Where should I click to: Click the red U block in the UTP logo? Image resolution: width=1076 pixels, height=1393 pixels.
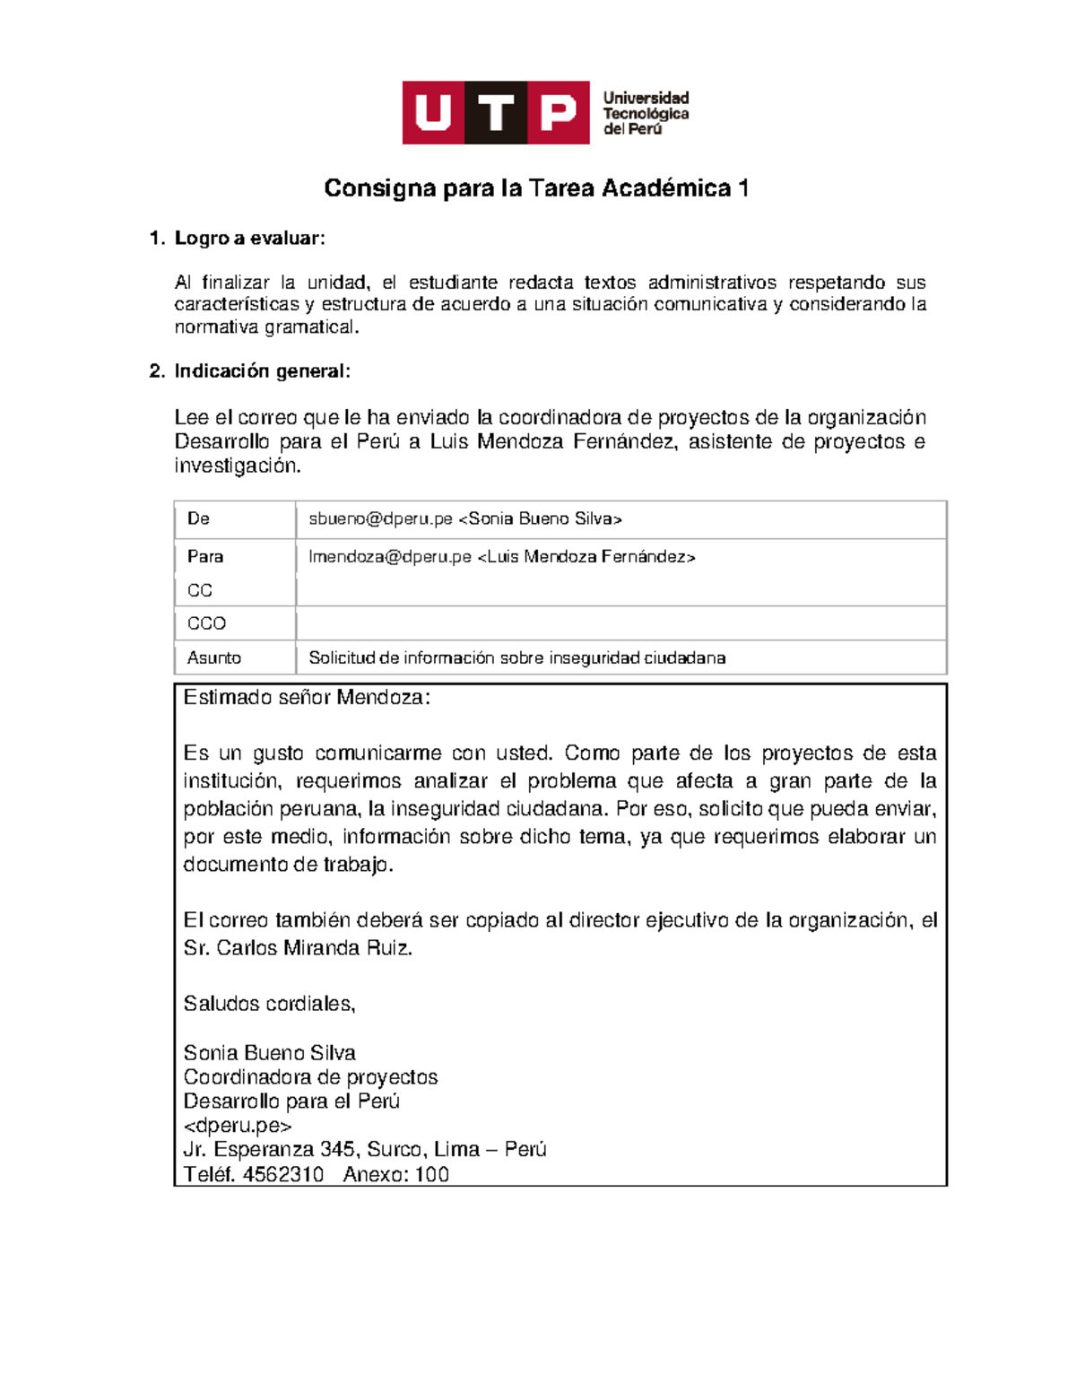click(x=434, y=113)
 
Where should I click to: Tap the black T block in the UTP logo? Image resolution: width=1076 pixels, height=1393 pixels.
click(x=496, y=113)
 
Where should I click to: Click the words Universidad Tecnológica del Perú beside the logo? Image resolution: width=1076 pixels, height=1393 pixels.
click(x=645, y=113)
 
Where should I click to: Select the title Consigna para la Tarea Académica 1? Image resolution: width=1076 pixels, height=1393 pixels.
click(x=536, y=188)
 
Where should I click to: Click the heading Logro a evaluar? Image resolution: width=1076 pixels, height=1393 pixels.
click(x=248, y=239)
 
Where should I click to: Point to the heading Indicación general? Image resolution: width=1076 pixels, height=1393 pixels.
click(x=261, y=371)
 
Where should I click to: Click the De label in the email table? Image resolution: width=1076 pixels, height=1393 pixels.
click(x=198, y=518)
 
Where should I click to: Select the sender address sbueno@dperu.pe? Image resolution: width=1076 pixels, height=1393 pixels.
click(x=380, y=518)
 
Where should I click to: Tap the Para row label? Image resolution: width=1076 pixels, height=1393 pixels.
click(x=205, y=556)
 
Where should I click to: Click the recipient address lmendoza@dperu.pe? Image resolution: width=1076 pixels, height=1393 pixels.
click(x=389, y=557)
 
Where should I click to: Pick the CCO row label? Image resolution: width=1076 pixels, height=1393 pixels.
click(x=206, y=623)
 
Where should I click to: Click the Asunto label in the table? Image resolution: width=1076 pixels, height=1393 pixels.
click(x=213, y=657)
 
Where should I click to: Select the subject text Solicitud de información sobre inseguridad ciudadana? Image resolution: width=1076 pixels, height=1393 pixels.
click(x=516, y=657)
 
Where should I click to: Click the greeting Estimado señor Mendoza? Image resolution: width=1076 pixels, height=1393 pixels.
click(x=306, y=698)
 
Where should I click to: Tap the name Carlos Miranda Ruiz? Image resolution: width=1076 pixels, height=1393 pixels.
click(x=313, y=948)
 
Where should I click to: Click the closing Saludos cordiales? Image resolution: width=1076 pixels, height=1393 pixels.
click(x=269, y=1004)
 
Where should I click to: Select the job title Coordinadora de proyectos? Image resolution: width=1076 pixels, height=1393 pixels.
click(x=310, y=1077)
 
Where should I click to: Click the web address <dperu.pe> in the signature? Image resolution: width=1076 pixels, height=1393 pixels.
click(x=238, y=1126)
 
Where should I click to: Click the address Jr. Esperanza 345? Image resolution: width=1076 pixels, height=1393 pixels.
click(x=269, y=1150)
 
